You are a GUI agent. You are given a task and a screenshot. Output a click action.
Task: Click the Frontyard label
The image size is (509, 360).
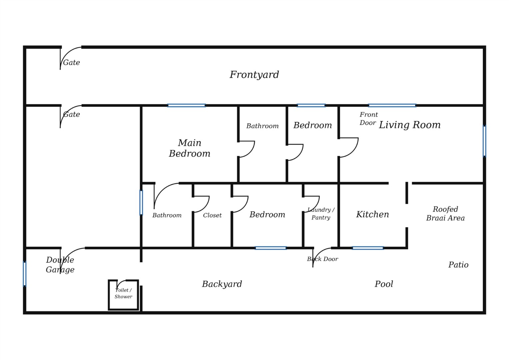[254, 75]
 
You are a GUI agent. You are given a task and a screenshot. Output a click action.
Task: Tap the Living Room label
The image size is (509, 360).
[409, 125]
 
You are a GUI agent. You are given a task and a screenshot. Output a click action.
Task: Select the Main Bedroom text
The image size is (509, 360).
[190, 148]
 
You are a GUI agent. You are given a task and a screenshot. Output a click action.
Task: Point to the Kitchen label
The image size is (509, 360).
[372, 214]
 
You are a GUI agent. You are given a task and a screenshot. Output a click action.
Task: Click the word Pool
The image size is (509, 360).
[384, 284]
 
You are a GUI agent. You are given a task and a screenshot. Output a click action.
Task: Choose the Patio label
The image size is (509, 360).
[458, 265]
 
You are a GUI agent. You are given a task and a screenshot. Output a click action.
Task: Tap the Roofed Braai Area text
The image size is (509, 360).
[445, 214]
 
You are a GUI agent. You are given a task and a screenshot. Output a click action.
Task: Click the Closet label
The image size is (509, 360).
[212, 215]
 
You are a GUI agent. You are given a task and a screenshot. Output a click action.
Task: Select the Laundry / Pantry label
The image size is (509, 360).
[321, 214]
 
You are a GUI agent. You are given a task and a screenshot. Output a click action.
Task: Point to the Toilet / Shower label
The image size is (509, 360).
[123, 293]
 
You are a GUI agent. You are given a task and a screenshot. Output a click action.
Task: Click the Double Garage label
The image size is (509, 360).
[60, 265]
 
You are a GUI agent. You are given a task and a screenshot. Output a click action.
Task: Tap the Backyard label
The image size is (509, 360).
[222, 284]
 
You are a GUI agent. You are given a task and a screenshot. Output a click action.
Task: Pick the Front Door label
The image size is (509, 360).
[368, 119]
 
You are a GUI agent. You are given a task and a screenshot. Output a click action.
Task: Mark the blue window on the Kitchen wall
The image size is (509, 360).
[368, 248]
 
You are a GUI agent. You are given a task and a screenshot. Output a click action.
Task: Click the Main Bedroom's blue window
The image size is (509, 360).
[187, 106]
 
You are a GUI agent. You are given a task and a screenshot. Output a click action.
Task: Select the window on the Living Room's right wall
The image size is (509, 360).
[484, 141]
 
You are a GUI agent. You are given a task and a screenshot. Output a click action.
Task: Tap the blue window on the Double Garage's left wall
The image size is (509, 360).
[25, 274]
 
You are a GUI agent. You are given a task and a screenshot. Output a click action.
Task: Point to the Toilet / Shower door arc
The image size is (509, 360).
[120, 282]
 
